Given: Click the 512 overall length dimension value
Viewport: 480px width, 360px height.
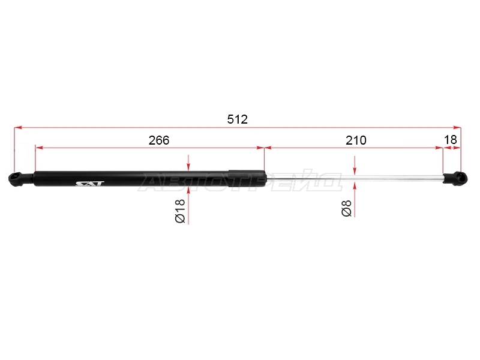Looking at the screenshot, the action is (x=237, y=119).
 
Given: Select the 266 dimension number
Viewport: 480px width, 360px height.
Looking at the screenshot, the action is (x=159, y=140).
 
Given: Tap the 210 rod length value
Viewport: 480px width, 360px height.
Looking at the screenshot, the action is (x=356, y=140).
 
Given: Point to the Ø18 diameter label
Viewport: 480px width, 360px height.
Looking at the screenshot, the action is (x=180, y=211).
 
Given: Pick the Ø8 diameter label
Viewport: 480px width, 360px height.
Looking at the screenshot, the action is (x=347, y=208).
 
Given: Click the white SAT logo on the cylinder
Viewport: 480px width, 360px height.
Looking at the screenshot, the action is (x=90, y=184).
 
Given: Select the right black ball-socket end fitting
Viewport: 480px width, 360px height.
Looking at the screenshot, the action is (x=455, y=178).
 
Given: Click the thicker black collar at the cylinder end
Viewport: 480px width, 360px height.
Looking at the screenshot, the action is (x=247, y=178).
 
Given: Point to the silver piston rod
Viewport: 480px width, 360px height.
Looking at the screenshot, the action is (x=355, y=178).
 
